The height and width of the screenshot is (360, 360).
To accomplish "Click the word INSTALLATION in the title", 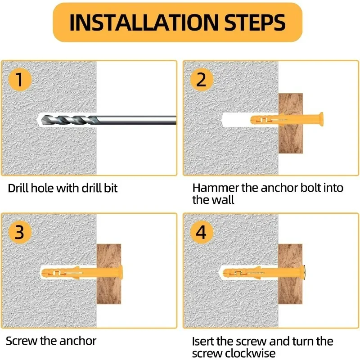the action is pyautogui.click(x=144, y=22).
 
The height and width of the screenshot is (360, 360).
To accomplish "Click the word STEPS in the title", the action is pyautogui.click(x=255, y=22).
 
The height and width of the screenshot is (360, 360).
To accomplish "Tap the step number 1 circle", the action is pyautogui.click(x=19, y=80).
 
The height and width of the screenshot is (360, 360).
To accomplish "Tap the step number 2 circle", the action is pyautogui.click(x=202, y=80).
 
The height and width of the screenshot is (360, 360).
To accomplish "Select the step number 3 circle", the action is pyautogui.click(x=19, y=232).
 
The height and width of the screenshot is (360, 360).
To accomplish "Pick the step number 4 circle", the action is pyautogui.click(x=202, y=232).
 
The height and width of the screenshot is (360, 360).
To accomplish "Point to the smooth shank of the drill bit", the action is pyautogui.click(x=137, y=120).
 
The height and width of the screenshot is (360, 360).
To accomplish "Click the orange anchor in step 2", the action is pyautogui.click(x=287, y=119).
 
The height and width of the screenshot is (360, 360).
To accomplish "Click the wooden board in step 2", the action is pyautogui.click(x=290, y=123).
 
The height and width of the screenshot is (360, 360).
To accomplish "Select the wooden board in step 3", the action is pyautogui.click(x=109, y=274).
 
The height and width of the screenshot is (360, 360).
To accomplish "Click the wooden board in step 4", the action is pyautogui.click(x=290, y=274).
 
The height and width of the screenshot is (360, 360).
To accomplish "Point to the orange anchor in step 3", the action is pyautogui.click(x=82, y=273).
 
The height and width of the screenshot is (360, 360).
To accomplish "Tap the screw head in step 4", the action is pyautogui.click(x=304, y=273).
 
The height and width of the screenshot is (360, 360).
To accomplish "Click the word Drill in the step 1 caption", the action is pyautogui.click(x=18, y=188).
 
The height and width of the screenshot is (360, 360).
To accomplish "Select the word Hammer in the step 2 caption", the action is pyautogui.click(x=216, y=188).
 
